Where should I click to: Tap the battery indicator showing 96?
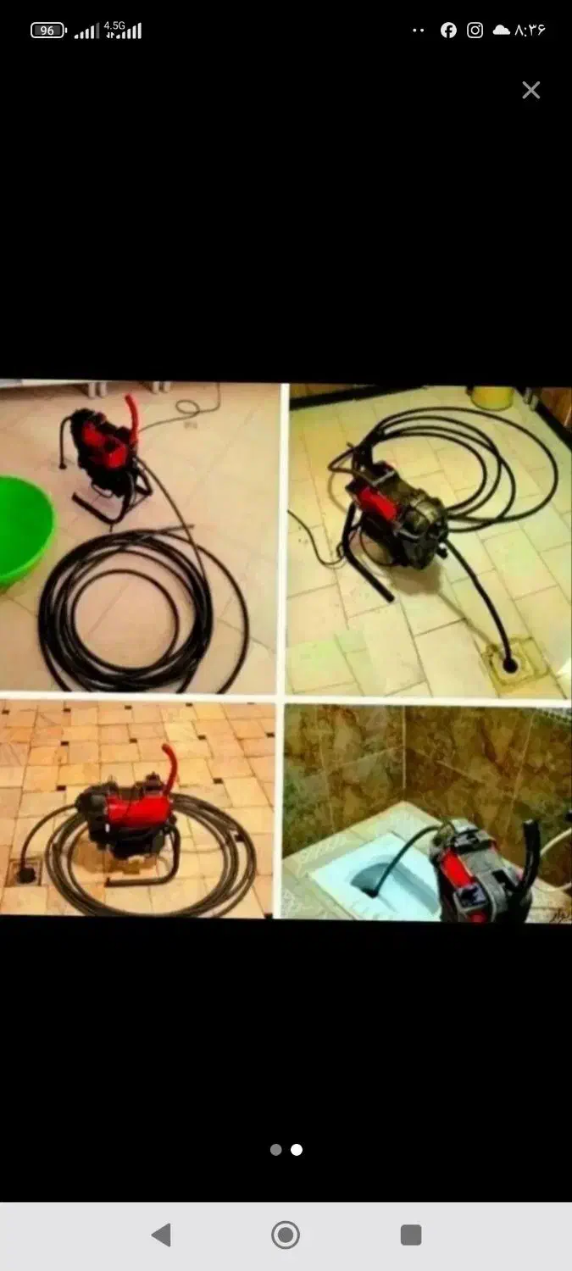click(48, 31)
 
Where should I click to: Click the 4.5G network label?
click(114, 25)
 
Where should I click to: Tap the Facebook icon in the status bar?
click(448, 30)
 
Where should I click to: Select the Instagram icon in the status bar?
click(475, 30)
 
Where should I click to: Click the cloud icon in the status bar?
click(501, 30)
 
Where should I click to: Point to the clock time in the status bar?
click(530, 30)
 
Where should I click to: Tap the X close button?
click(531, 90)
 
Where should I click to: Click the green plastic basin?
click(23, 531)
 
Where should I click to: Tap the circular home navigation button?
click(286, 1235)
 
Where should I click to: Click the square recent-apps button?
click(411, 1235)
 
